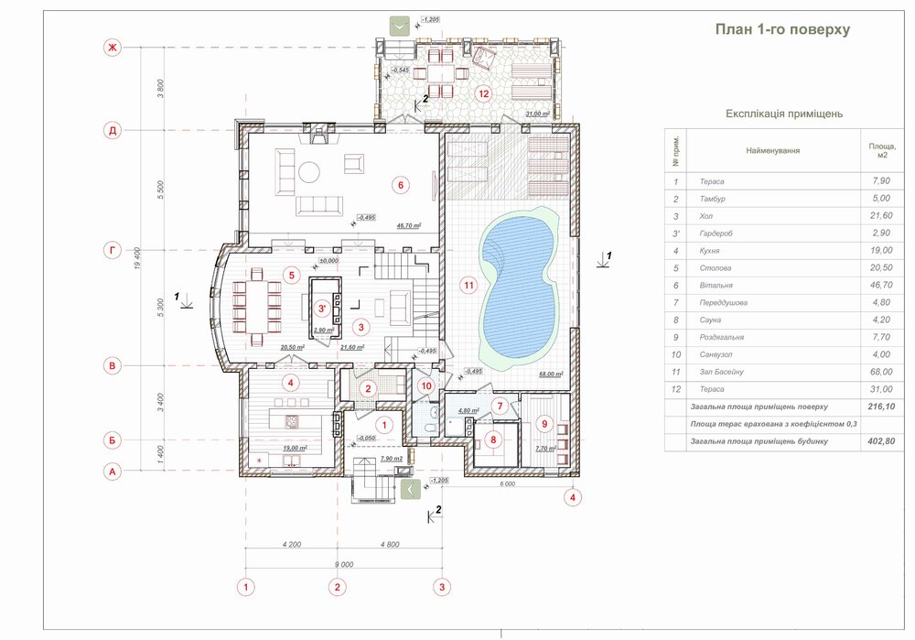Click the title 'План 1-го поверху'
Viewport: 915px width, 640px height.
coord(782,29)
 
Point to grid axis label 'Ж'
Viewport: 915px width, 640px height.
coord(113,48)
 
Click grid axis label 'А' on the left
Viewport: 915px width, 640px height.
coord(113,472)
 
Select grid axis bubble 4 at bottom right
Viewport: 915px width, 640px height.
coord(573,498)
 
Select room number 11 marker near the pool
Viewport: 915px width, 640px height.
coord(468,286)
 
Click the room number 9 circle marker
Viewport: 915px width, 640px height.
coord(545,423)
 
